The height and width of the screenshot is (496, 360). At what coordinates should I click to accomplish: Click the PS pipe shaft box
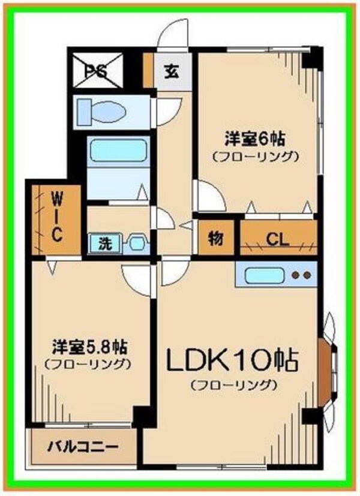(x=98, y=71)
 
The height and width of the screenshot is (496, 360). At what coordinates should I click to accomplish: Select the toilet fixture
(x=108, y=111)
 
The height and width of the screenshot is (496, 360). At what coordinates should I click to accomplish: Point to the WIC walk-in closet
(x=56, y=217)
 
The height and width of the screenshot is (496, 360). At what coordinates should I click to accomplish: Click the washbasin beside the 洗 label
(x=137, y=244)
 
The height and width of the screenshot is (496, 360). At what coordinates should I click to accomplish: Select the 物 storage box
(x=216, y=238)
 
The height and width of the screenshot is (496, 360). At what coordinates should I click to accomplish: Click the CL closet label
(x=278, y=239)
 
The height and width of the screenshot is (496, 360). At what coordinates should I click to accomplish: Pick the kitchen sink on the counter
(x=262, y=276)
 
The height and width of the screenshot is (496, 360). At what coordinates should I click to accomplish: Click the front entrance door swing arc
(x=174, y=34)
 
